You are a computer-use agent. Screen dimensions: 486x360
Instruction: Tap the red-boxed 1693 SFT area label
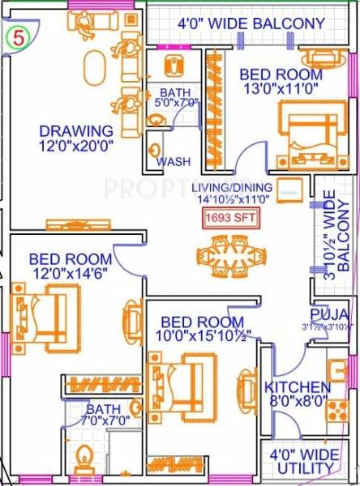click(232, 217)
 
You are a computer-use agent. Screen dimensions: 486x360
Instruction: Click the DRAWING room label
click(76, 131)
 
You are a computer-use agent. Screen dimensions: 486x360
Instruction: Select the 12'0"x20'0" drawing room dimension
click(76, 147)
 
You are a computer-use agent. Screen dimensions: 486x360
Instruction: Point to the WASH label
click(174, 161)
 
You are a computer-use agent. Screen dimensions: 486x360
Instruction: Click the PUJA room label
click(330, 314)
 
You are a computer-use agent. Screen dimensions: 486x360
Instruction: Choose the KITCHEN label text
click(298, 388)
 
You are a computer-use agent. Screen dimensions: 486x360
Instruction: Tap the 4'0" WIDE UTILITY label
click(303, 460)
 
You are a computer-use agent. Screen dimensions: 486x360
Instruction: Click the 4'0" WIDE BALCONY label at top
click(251, 23)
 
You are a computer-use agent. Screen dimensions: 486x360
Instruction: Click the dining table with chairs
click(231, 255)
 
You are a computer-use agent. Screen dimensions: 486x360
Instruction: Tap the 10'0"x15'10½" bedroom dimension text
click(206, 334)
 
